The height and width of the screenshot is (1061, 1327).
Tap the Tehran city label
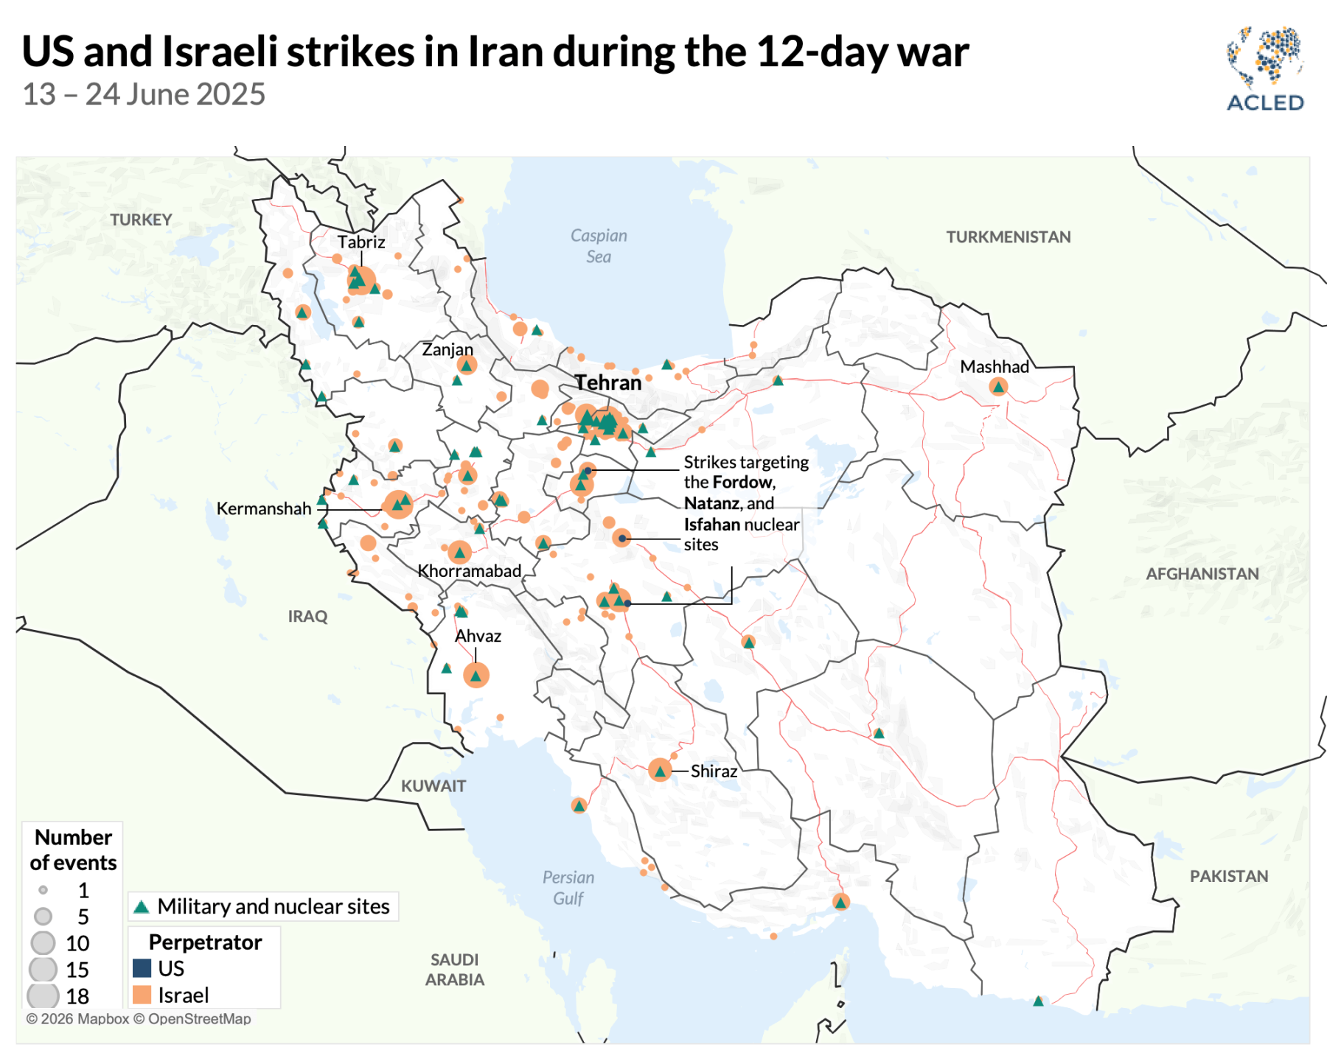[x=608, y=382]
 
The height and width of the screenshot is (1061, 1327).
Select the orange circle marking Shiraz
[x=660, y=771]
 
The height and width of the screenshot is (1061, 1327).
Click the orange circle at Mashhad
[x=998, y=387]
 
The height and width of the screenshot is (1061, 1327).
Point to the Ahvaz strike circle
[x=476, y=675]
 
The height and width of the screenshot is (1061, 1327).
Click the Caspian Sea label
[x=599, y=245]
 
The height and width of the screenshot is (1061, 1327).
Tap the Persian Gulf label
[x=568, y=887]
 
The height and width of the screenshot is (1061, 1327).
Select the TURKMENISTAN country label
[x=1008, y=237]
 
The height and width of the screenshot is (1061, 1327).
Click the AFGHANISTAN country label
[x=1202, y=574]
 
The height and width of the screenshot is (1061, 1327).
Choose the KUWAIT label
[x=433, y=786]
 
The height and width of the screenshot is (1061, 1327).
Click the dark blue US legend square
[x=142, y=968]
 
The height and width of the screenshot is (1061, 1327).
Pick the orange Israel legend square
[x=142, y=995]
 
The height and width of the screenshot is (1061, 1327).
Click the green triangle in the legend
[x=142, y=907]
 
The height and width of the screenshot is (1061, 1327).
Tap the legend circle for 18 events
[x=43, y=996]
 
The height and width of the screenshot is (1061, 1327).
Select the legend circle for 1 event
[x=43, y=890]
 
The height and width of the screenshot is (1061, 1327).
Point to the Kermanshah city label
[x=263, y=508]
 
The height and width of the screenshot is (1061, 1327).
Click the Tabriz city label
[x=361, y=242]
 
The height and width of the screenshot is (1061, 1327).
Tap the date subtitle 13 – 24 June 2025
[x=144, y=94]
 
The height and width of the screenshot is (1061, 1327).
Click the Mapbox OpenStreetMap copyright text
[x=139, y=1019]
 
